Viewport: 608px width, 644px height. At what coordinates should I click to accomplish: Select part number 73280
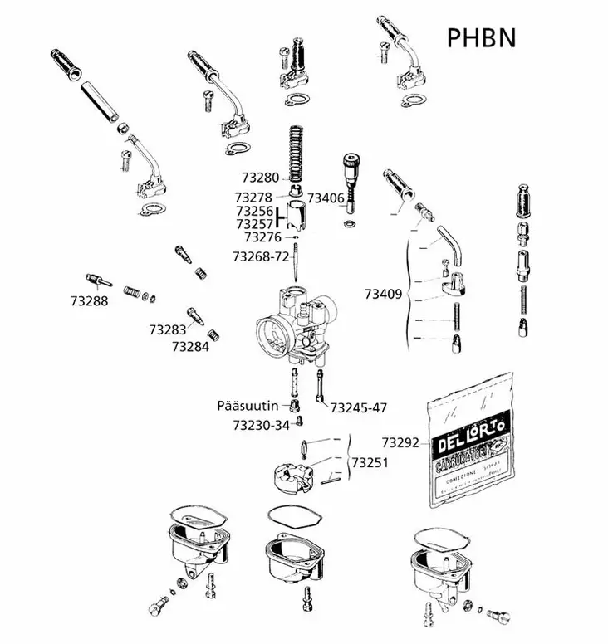[260, 178]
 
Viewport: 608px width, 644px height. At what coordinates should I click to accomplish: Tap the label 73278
[253, 198]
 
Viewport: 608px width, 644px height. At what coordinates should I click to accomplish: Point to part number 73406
[326, 198]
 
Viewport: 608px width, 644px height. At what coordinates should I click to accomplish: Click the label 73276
[262, 237]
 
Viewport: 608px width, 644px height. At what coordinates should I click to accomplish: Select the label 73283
[168, 330]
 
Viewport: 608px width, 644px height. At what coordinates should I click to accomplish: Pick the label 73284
[189, 347]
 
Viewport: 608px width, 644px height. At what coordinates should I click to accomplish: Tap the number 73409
[383, 293]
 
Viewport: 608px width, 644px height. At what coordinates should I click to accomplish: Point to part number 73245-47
[359, 407]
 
